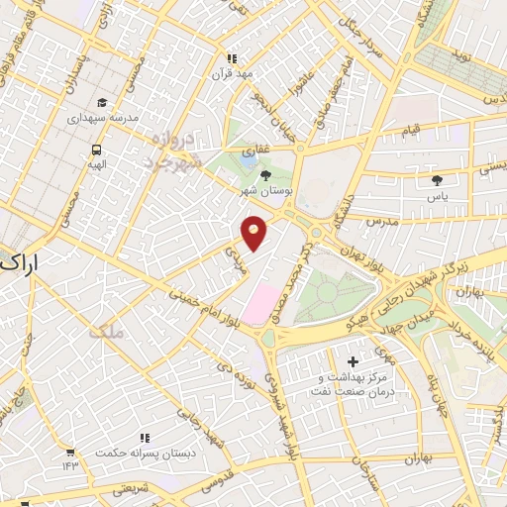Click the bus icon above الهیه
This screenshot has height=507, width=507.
96,150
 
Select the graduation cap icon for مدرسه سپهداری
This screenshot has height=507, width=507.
102,102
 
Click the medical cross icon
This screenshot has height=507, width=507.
354,362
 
